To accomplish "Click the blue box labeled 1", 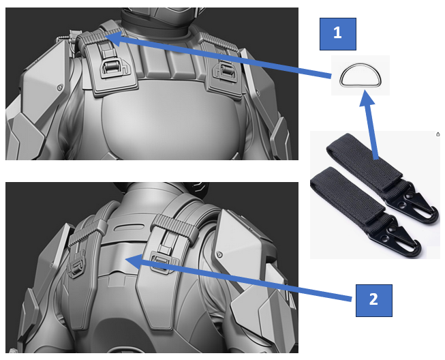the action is coord(338,34).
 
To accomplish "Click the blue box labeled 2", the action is coord(373,301).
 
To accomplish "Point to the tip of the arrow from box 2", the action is coord(125,259).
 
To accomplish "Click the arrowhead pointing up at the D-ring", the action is coord(367,98).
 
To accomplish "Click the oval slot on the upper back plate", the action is coord(129,228).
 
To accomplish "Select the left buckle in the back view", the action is coord(76,265).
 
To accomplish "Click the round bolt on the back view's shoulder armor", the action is coord(219,254).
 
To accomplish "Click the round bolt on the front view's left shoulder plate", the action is coord(59,87).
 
